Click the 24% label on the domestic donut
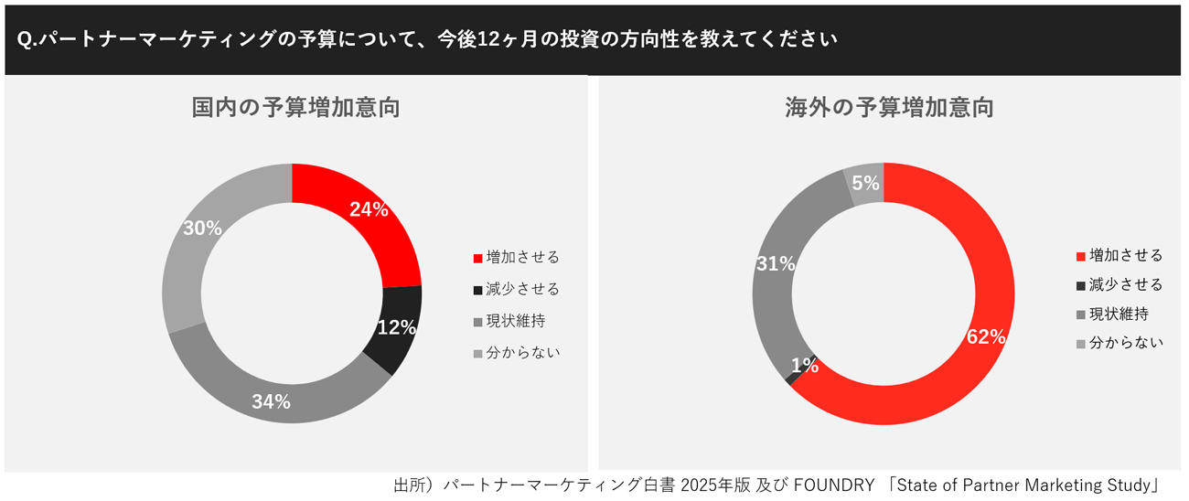coord(369,209)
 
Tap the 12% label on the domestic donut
coord(396,327)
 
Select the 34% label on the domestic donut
coord(272,401)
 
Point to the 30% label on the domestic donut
coord(202,229)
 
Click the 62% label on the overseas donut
coord(986,336)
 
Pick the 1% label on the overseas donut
coord(805,366)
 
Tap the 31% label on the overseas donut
coord(776,264)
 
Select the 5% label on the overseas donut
coord(865,183)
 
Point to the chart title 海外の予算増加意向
coord(889,108)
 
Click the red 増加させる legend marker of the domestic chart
coord(477,258)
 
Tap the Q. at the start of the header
coord(26,40)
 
